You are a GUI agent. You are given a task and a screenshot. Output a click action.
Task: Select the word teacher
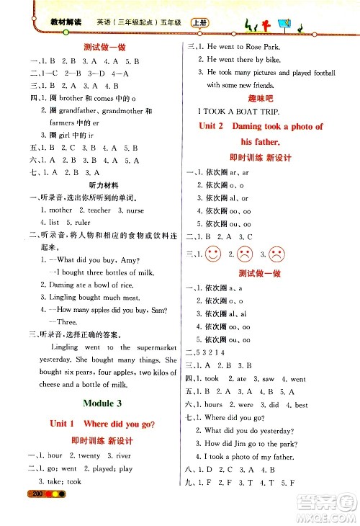99,210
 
